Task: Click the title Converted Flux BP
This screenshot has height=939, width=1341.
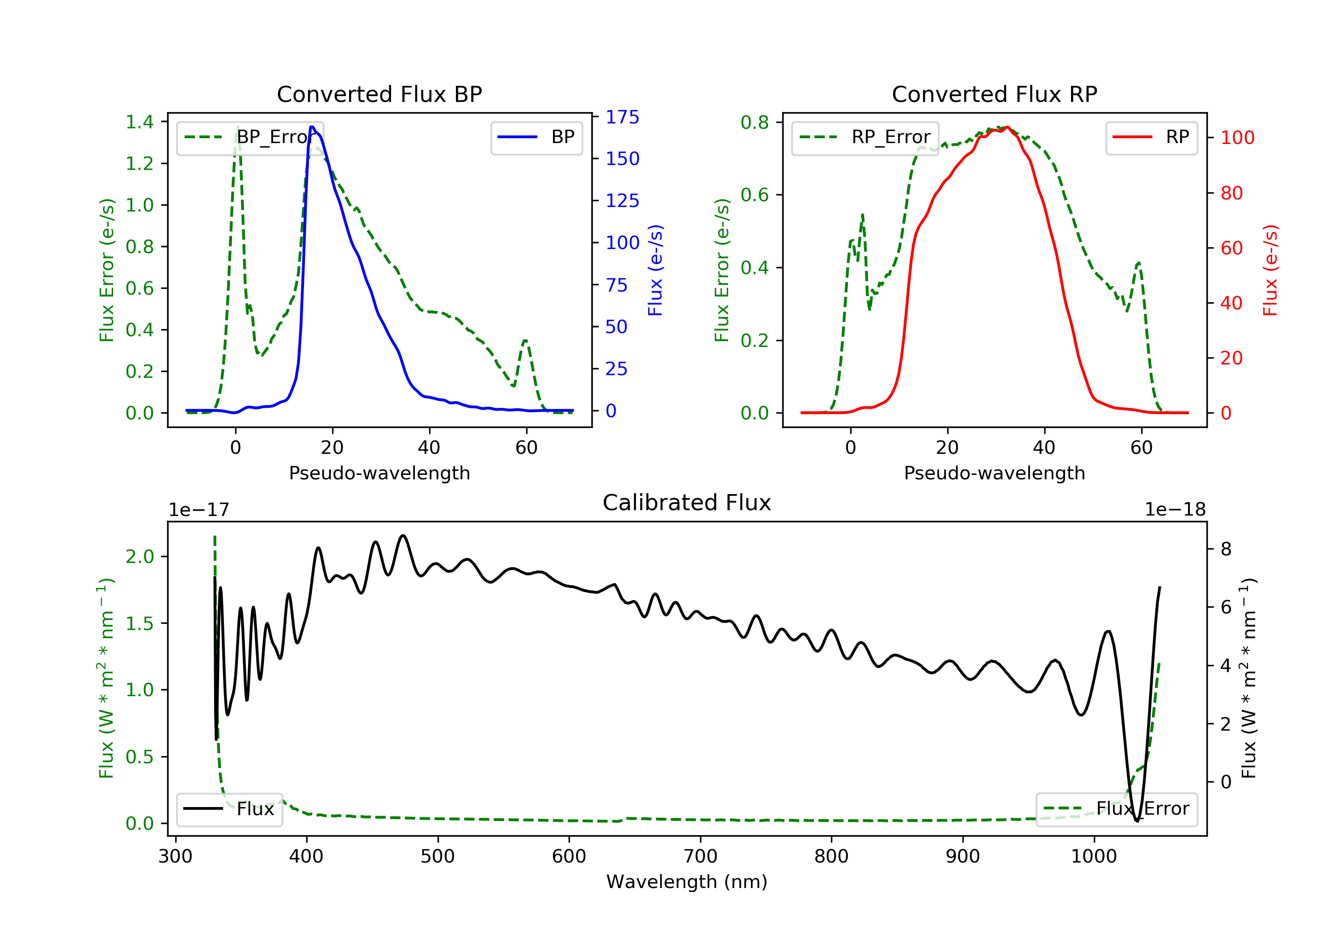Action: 379,94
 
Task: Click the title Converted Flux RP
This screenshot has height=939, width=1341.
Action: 994,94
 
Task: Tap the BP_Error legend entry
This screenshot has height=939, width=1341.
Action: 250,137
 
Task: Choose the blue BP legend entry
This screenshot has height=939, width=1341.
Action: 536,137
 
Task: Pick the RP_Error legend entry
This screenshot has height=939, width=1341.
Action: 865,137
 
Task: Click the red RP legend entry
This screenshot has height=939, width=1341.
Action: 1151,137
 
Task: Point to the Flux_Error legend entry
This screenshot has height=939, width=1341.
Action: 1117,809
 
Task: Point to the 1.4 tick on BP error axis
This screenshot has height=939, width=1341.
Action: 139,122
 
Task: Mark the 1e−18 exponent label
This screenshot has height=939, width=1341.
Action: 1175,510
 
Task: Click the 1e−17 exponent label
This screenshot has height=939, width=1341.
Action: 198,510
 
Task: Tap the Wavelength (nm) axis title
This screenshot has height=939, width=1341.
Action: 687,882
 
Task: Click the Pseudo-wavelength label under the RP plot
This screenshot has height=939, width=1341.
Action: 994,473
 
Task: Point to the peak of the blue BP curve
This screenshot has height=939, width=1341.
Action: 312,127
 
